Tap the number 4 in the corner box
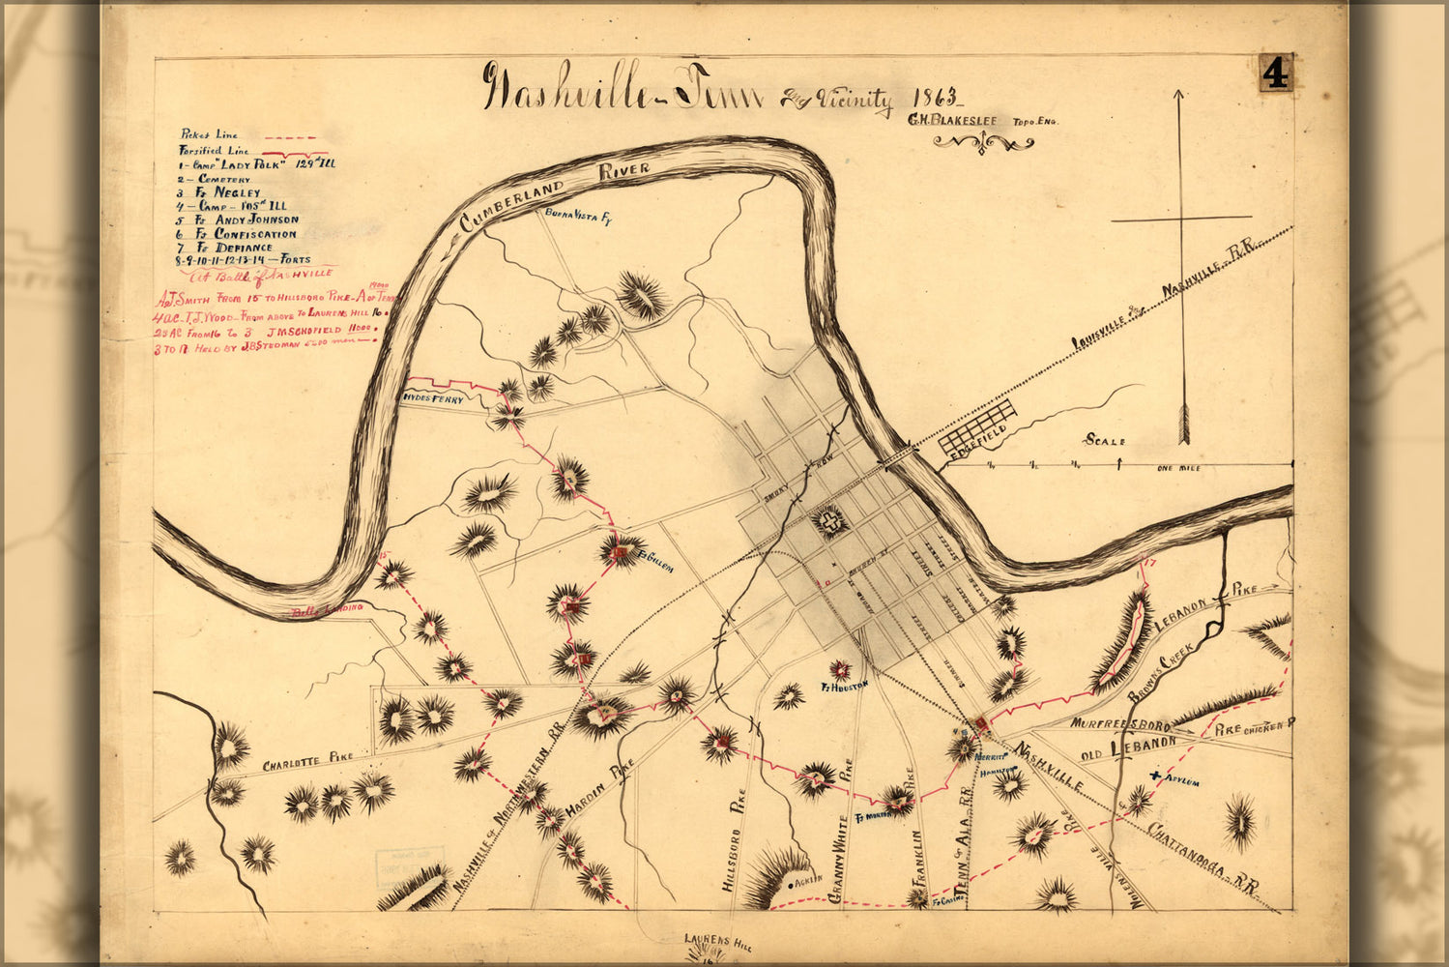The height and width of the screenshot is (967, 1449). click(1276, 73)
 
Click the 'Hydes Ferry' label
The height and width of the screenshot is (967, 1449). click(434, 398)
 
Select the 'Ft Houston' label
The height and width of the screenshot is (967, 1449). click(846, 685)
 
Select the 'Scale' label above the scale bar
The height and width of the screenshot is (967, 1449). click(1105, 441)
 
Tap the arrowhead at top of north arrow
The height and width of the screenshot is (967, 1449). click(1179, 95)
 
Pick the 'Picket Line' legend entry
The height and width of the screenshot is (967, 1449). click(209, 135)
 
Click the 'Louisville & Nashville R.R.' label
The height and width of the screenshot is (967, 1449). click(1160, 301)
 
